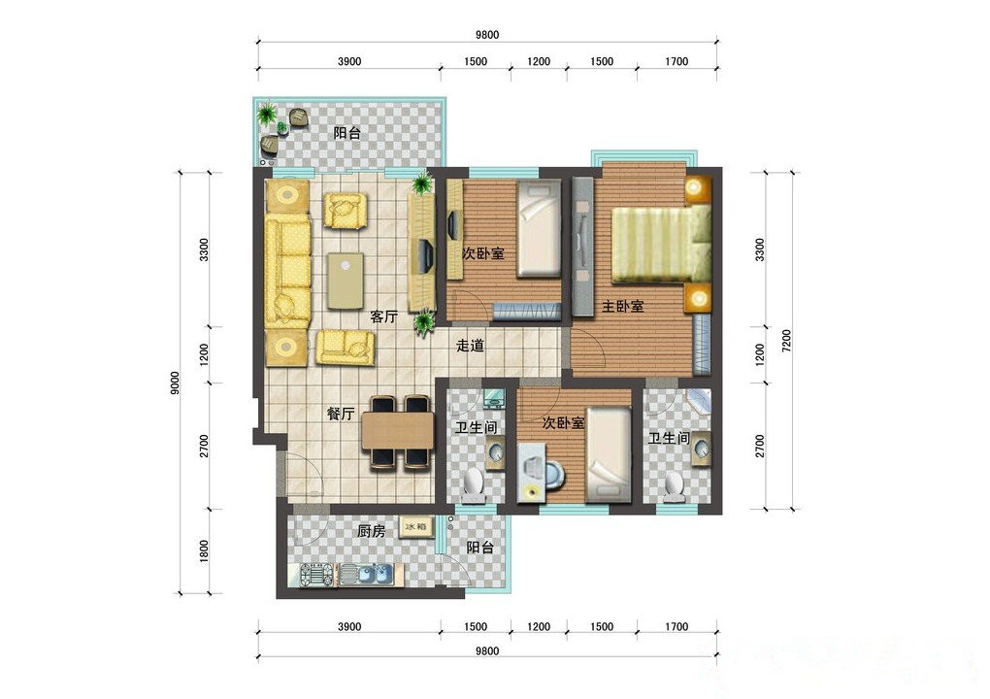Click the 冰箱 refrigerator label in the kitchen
coord(416,526)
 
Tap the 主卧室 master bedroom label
coord(622,306)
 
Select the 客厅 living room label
coord(384,316)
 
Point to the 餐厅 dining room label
coord(341,414)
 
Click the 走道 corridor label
coord(471,346)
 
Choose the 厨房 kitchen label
coord(371,532)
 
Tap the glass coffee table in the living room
coord(346,281)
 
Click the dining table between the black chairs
coord(398,430)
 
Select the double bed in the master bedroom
coord(661,245)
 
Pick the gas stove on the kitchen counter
coord(317,575)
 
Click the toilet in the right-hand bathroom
coord(675,486)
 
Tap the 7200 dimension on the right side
coord(786,341)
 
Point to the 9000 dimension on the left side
coord(175,383)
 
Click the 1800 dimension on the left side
coord(203,551)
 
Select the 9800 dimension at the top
coord(487,35)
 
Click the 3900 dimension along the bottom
coord(349,626)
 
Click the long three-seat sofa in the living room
coord(288,271)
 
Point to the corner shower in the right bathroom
coord(698,402)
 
